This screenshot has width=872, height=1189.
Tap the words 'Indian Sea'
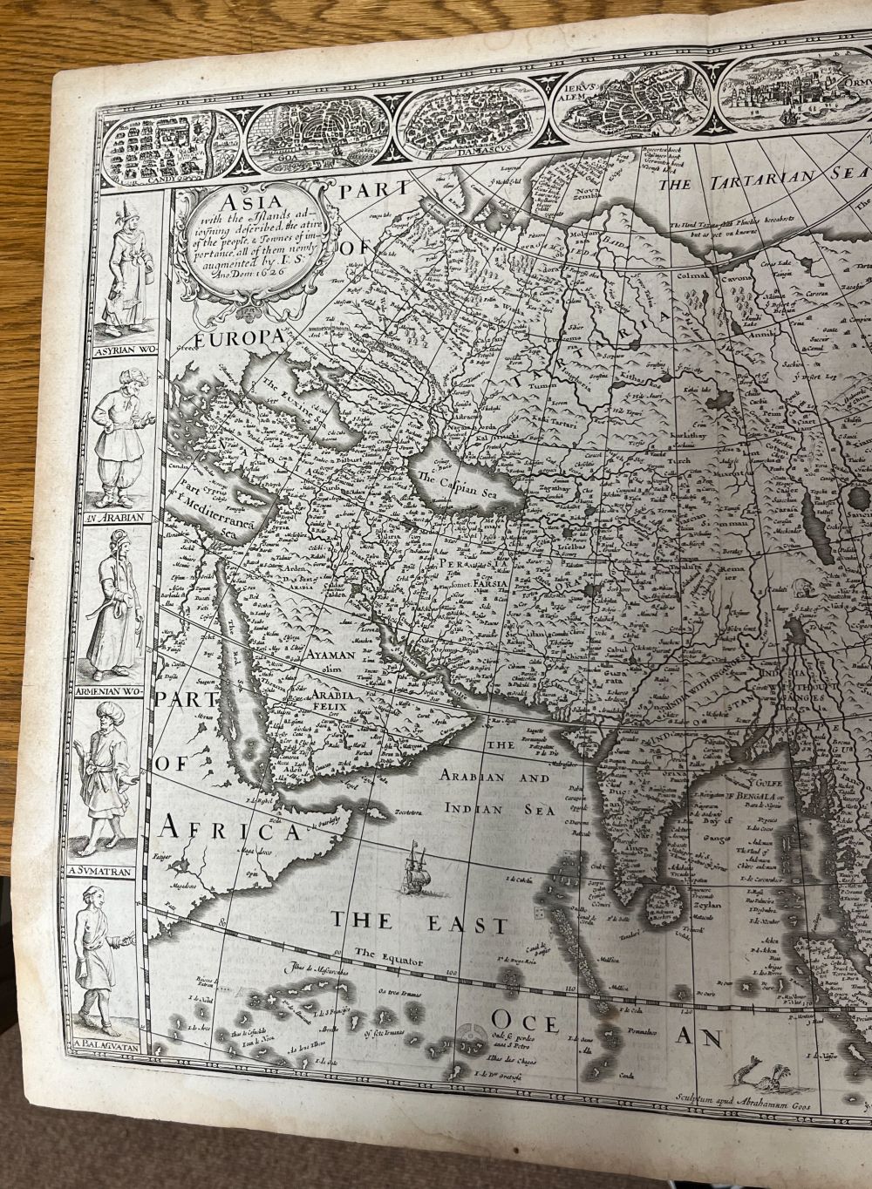click(x=501, y=809)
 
